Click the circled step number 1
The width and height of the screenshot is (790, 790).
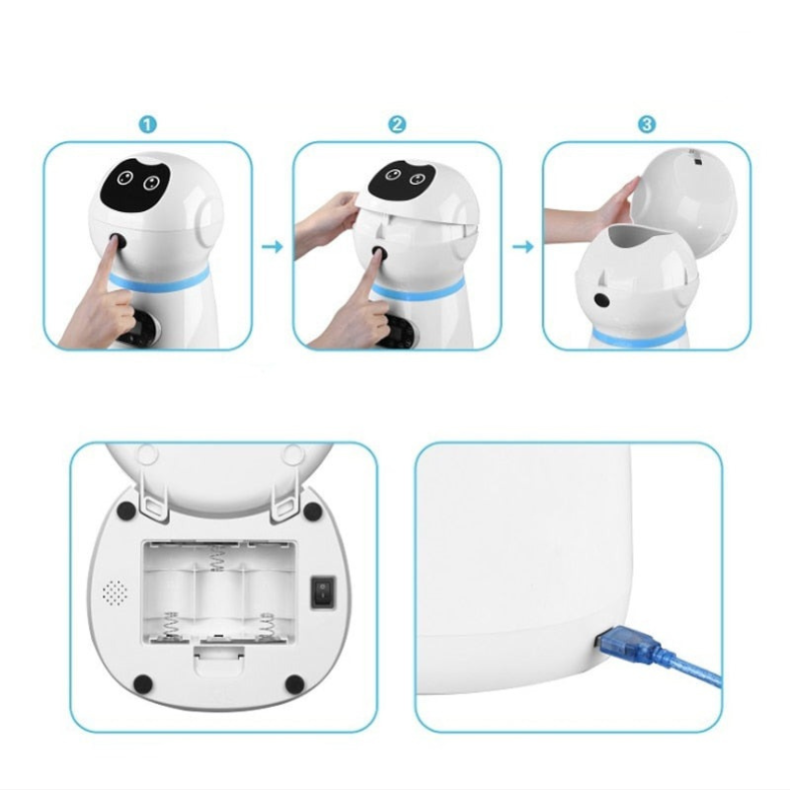[x=147, y=124]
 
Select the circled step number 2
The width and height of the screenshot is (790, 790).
[x=397, y=124]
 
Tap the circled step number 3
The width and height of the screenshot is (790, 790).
[x=647, y=124]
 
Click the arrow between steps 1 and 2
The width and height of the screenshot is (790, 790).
[x=273, y=247]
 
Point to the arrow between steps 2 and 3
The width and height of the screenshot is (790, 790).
[x=522, y=247]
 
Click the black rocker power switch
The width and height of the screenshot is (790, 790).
[x=323, y=592]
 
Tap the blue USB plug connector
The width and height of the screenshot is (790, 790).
[x=630, y=641]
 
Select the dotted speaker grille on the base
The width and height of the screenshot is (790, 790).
[x=115, y=592]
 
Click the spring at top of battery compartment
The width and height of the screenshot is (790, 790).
[x=216, y=558]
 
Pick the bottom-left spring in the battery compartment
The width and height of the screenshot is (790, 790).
[x=170, y=627]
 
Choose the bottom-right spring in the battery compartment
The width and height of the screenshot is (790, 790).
[x=266, y=627]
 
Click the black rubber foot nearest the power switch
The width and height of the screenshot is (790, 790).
[x=312, y=511]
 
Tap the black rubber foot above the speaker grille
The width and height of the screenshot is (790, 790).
[x=126, y=511]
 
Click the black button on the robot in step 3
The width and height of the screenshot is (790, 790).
[x=601, y=300]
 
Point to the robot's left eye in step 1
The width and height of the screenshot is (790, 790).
[x=124, y=178]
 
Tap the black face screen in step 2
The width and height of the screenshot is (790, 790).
[x=402, y=180]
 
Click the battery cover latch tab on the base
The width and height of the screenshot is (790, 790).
[x=218, y=660]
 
